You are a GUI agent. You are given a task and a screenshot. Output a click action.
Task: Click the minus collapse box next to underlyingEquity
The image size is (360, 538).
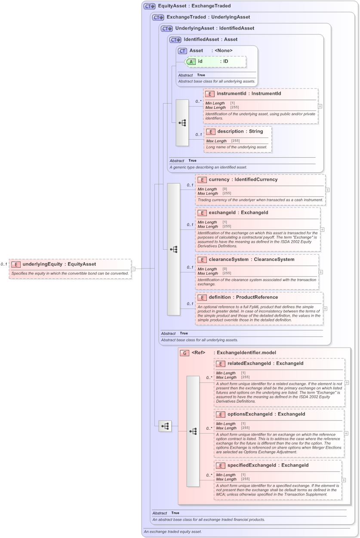133,269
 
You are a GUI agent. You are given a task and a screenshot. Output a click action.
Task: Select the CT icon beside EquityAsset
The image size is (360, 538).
149,6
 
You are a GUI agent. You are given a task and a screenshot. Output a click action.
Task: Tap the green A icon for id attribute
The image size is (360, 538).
191,61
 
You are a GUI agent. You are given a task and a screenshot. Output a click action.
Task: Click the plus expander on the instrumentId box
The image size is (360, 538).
320,106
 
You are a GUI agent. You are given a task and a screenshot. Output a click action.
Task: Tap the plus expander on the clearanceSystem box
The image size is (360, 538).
321,272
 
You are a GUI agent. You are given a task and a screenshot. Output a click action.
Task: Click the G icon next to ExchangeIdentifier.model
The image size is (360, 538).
185,353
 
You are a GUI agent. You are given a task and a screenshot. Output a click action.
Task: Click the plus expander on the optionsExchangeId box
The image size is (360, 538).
346,433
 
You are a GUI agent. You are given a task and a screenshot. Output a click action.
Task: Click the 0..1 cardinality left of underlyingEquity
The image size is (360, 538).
4,264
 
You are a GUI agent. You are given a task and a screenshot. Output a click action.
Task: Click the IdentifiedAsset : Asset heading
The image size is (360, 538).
210,40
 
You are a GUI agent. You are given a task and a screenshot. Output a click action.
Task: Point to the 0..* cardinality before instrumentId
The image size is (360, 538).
198,101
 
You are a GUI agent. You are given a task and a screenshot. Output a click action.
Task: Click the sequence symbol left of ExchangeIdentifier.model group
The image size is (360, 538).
165,426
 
